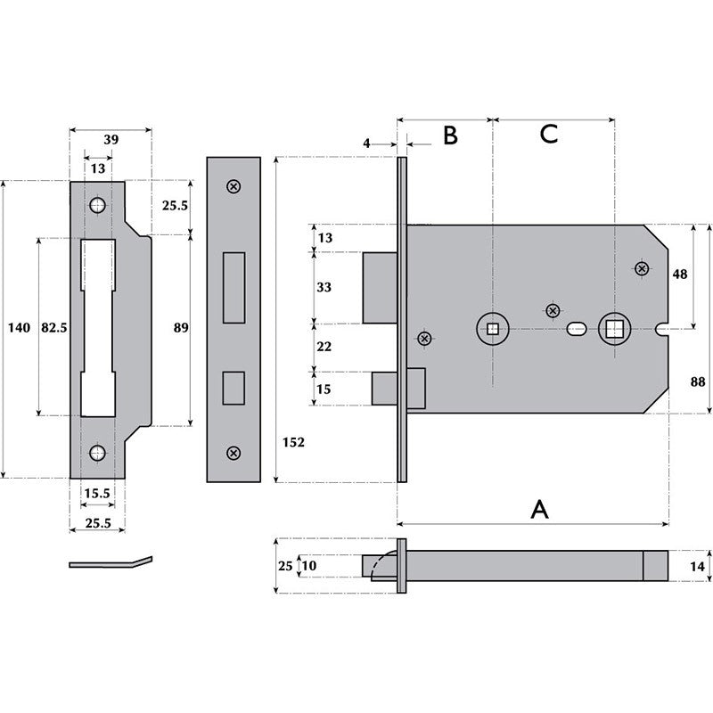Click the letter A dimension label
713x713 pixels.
pyautogui.click(x=539, y=509)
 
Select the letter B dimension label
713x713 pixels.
pyautogui.click(x=450, y=135)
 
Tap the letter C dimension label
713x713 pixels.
pyautogui.click(x=549, y=135)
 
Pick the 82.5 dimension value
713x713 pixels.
pyautogui.click(x=55, y=328)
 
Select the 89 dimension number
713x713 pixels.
pyautogui.click(x=181, y=328)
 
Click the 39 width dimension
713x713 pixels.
pyautogui.click(x=111, y=140)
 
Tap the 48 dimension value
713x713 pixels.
pyautogui.click(x=680, y=275)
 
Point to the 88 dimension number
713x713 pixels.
pyautogui.click(x=698, y=381)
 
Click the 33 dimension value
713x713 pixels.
pyautogui.click(x=324, y=288)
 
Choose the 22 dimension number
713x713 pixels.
pyautogui.click(x=324, y=347)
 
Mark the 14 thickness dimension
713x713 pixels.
pyautogui.click(x=698, y=566)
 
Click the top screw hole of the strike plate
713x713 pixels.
pyautogui.click(x=97, y=205)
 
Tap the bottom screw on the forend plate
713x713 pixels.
pyautogui.click(x=234, y=453)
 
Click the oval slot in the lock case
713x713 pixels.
pyautogui.click(x=576, y=330)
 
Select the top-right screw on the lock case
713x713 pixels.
pyautogui.click(x=641, y=268)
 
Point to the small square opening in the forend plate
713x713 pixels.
pyautogui.click(x=234, y=387)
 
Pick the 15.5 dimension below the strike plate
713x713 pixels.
pyautogui.click(x=98, y=493)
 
